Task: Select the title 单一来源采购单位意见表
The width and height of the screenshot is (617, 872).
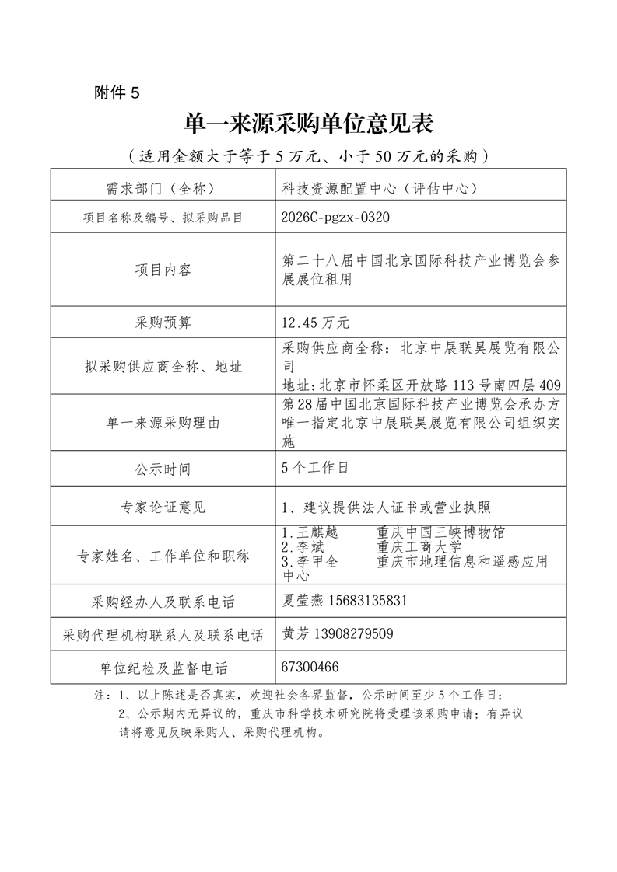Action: [x=307, y=124]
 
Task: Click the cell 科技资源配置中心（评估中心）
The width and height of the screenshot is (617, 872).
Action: [x=379, y=188]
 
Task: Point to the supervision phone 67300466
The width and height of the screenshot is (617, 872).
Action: [x=311, y=668]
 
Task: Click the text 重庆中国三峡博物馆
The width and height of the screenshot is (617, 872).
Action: [x=440, y=533]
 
